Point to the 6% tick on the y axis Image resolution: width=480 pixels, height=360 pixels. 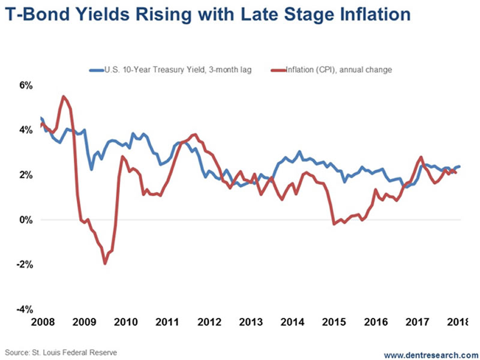click(x=25, y=85)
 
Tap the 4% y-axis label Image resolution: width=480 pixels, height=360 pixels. click(x=25, y=130)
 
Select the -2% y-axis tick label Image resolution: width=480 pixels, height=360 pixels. click(x=24, y=265)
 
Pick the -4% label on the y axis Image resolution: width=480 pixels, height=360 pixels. click(x=24, y=310)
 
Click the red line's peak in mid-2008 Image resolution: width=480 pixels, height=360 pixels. click(x=63, y=96)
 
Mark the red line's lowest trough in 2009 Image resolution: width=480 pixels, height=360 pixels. click(x=105, y=263)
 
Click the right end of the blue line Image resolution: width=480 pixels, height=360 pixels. click(x=460, y=166)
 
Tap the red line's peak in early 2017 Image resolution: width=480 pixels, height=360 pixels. click(x=421, y=157)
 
